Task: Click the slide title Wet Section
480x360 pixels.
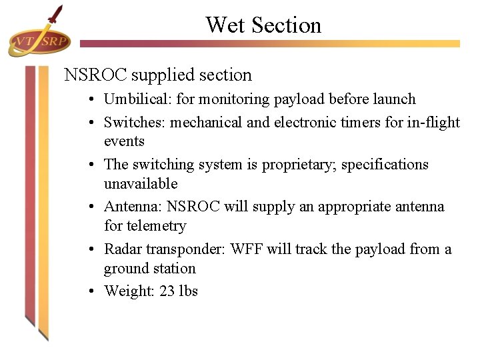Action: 263,25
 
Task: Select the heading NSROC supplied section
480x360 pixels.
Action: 158,75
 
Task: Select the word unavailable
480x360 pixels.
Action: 141,183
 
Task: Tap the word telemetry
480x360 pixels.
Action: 155,226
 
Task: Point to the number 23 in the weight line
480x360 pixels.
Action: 167,291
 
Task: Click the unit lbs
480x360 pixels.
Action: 189,291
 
